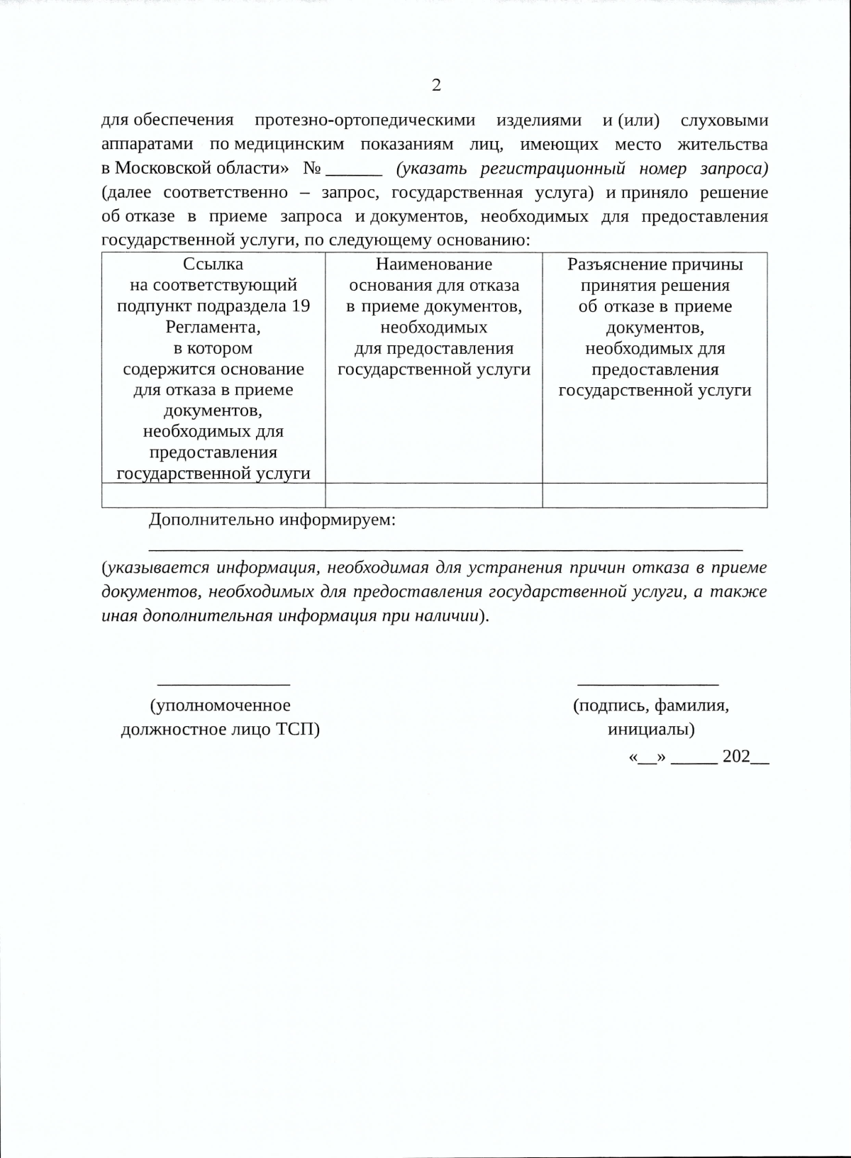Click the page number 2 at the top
[436, 85]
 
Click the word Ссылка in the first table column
[213, 265]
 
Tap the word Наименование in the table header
[434, 265]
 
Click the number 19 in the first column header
[301, 306]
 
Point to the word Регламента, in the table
[213, 328]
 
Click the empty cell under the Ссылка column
[213, 495]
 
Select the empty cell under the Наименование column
[434, 495]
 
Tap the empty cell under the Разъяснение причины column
[655, 495]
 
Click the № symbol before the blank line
[313, 169]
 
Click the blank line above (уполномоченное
[223, 684]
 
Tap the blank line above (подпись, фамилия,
[648, 684]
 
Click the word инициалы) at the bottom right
[651, 730]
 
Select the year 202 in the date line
[736, 757]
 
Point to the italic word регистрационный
[552, 169]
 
